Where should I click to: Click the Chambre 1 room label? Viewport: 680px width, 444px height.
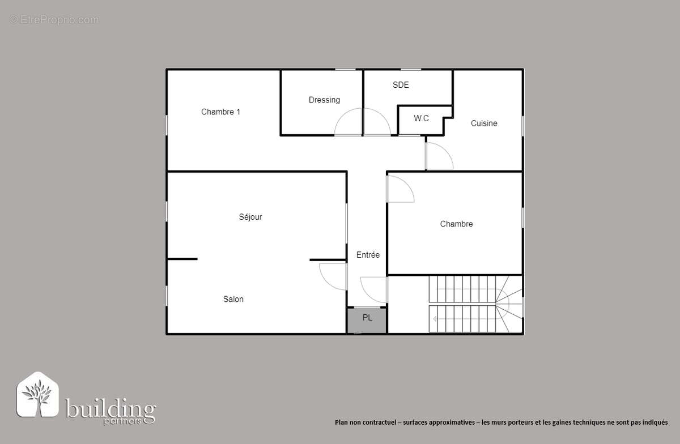(220, 112)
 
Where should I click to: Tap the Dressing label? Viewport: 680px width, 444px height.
(324, 100)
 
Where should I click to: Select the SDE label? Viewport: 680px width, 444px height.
(401, 85)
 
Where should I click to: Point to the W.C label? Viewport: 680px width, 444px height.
(421, 118)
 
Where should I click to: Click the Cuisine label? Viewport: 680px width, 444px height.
(484, 123)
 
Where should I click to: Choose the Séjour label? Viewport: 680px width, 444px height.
(250, 217)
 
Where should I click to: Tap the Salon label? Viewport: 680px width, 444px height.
(233, 299)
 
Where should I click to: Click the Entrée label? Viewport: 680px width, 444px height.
(368, 255)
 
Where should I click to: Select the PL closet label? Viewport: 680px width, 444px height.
(367, 318)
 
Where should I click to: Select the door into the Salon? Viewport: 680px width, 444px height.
(333, 277)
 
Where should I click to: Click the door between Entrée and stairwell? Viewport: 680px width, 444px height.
(374, 289)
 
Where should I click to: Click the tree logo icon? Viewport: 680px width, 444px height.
(37, 395)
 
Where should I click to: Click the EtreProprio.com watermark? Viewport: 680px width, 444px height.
(54, 20)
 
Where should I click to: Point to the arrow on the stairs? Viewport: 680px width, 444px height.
(435, 319)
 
